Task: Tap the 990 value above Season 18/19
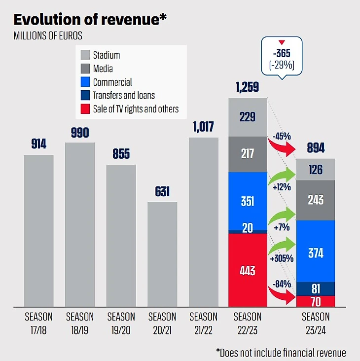tap(80, 133)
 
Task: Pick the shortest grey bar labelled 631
tap(162, 254)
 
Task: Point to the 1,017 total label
tap(203, 127)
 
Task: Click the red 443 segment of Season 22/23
tap(248, 270)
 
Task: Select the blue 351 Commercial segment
tap(248, 201)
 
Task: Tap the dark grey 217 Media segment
tap(248, 154)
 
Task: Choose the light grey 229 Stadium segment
tap(248, 117)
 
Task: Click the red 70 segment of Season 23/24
tap(316, 301)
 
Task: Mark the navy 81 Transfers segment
tap(316, 289)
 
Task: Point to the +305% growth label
tap(282, 258)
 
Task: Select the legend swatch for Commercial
tap(85, 82)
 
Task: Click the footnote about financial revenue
tap(281, 352)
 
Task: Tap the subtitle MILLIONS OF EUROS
tap(48, 36)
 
